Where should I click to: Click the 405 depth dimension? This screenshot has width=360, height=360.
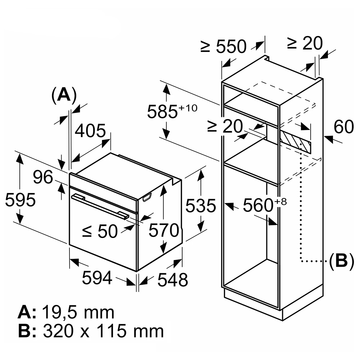point(90,131)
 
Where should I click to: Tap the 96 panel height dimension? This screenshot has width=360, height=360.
point(43,177)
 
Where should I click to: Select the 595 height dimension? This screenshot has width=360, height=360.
point(20,200)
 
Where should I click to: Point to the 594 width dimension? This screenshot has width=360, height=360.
point(97,278)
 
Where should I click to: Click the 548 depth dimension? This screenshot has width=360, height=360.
point(173,280)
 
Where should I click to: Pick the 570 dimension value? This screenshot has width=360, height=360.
point(164,230)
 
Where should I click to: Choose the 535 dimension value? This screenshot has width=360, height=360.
point(201,206)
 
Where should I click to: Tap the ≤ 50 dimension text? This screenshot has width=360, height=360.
point(100,231)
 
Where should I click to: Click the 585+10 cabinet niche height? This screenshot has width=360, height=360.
point(172,111)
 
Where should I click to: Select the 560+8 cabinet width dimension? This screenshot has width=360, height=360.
point(265,205)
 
